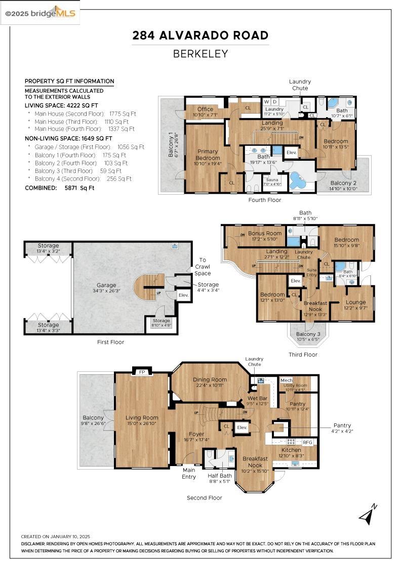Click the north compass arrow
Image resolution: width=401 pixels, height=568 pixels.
coord(368,514)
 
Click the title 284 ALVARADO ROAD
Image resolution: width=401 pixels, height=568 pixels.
coord(200,35)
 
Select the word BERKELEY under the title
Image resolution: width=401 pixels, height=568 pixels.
coord(200,53)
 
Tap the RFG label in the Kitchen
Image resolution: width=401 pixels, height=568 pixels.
coord(308,442)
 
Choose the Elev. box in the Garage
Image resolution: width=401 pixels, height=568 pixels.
coord(183,295)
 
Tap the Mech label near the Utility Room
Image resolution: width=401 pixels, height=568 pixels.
coord(287,380)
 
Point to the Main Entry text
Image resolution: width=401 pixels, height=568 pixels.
coord(189,473)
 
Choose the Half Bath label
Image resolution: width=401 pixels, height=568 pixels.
coord(219,478)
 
